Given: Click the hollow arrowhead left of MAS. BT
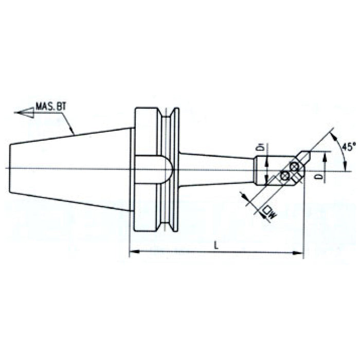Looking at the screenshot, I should click(25, 112).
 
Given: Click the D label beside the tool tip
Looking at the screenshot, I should click(320, 178).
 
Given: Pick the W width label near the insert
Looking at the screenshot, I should click(267, 211).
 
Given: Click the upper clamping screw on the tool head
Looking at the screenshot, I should click(294, 167).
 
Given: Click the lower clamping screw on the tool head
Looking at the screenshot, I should click(285, 176).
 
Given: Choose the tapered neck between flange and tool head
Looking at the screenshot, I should click(216, 169).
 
